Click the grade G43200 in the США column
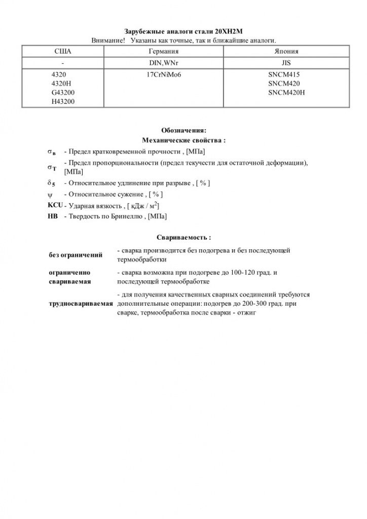62,93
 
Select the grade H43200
62,102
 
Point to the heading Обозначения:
183,130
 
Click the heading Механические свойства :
183,140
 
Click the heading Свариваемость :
183,237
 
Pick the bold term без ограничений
76,254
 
